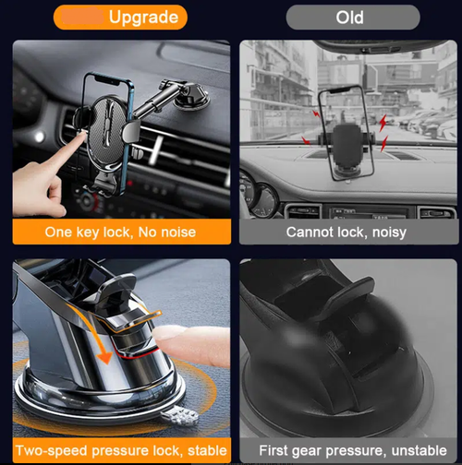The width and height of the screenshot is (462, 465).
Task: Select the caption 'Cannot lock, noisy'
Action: coord(346,232)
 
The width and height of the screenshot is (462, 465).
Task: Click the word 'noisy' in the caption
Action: coord(387,232)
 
